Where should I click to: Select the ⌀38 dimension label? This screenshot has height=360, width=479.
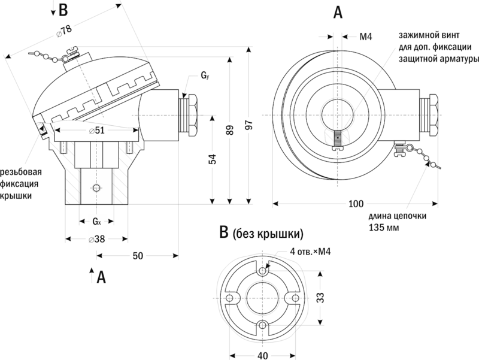coord(96,239)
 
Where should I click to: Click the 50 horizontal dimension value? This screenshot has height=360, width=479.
coord(138,256)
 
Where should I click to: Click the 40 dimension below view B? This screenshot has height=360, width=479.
coord(262,355)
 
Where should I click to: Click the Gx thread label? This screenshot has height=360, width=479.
coord(96,222)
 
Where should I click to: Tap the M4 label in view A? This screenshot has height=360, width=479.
coord(366,37)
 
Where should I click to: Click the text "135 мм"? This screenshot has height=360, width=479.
coord(383,228)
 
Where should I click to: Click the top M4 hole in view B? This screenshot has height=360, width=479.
coord(262,272)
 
